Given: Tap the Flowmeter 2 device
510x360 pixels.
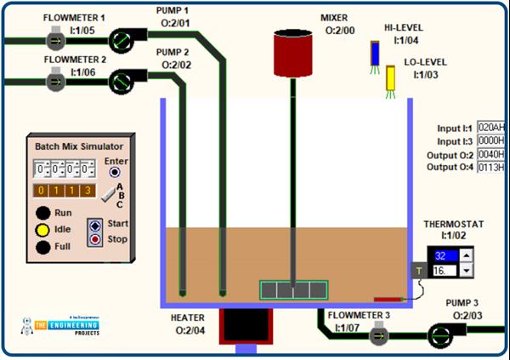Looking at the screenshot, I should pyautogui.click(x=55, y=80).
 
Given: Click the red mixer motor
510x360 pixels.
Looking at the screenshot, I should pyautogui.click(x=293, y=53).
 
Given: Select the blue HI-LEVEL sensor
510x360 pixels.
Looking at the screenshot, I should pyautogui.click(x=375, y=54).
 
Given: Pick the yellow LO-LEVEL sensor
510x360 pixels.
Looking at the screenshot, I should pyautogui.click(x=392, y=77).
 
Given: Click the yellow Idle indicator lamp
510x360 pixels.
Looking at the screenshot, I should pyautogui.click(x=42, y=230).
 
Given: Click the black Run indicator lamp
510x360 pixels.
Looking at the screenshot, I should pyautogui.click(x=42, y=213).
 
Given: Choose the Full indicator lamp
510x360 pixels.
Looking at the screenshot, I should pyautogui.click(x=42, y=248).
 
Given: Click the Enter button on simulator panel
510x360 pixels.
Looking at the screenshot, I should pyautogui.click(x=114, y=172).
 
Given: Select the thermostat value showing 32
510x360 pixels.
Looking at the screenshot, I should pyautogui.click(x=445, y=254).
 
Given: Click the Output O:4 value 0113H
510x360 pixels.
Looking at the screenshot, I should pyautogui.click(x=490, y=167).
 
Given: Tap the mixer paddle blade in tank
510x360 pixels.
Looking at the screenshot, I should pyautogui.click(x=292, y=289).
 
